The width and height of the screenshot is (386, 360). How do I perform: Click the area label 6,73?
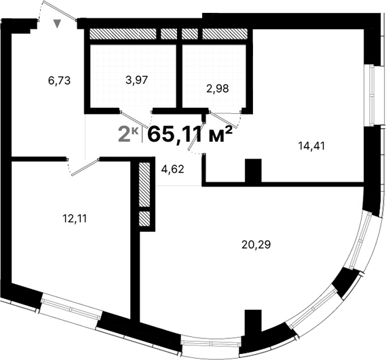(60, 80)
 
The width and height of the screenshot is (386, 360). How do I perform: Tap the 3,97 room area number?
(137, 80)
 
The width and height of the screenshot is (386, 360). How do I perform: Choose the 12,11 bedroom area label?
(75, 218)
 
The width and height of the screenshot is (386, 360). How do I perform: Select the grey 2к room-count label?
(128, 134)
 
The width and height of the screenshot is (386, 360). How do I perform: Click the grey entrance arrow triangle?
(58, 24)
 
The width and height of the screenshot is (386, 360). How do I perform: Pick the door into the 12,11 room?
(85, 167)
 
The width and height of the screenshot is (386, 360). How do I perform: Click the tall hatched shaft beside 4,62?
(144, 184)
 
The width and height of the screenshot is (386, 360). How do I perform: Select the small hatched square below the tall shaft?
(144, 218)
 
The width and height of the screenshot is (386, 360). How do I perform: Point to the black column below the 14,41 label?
(252, 170)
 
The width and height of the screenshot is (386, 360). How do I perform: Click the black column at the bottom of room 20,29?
(252, 325)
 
